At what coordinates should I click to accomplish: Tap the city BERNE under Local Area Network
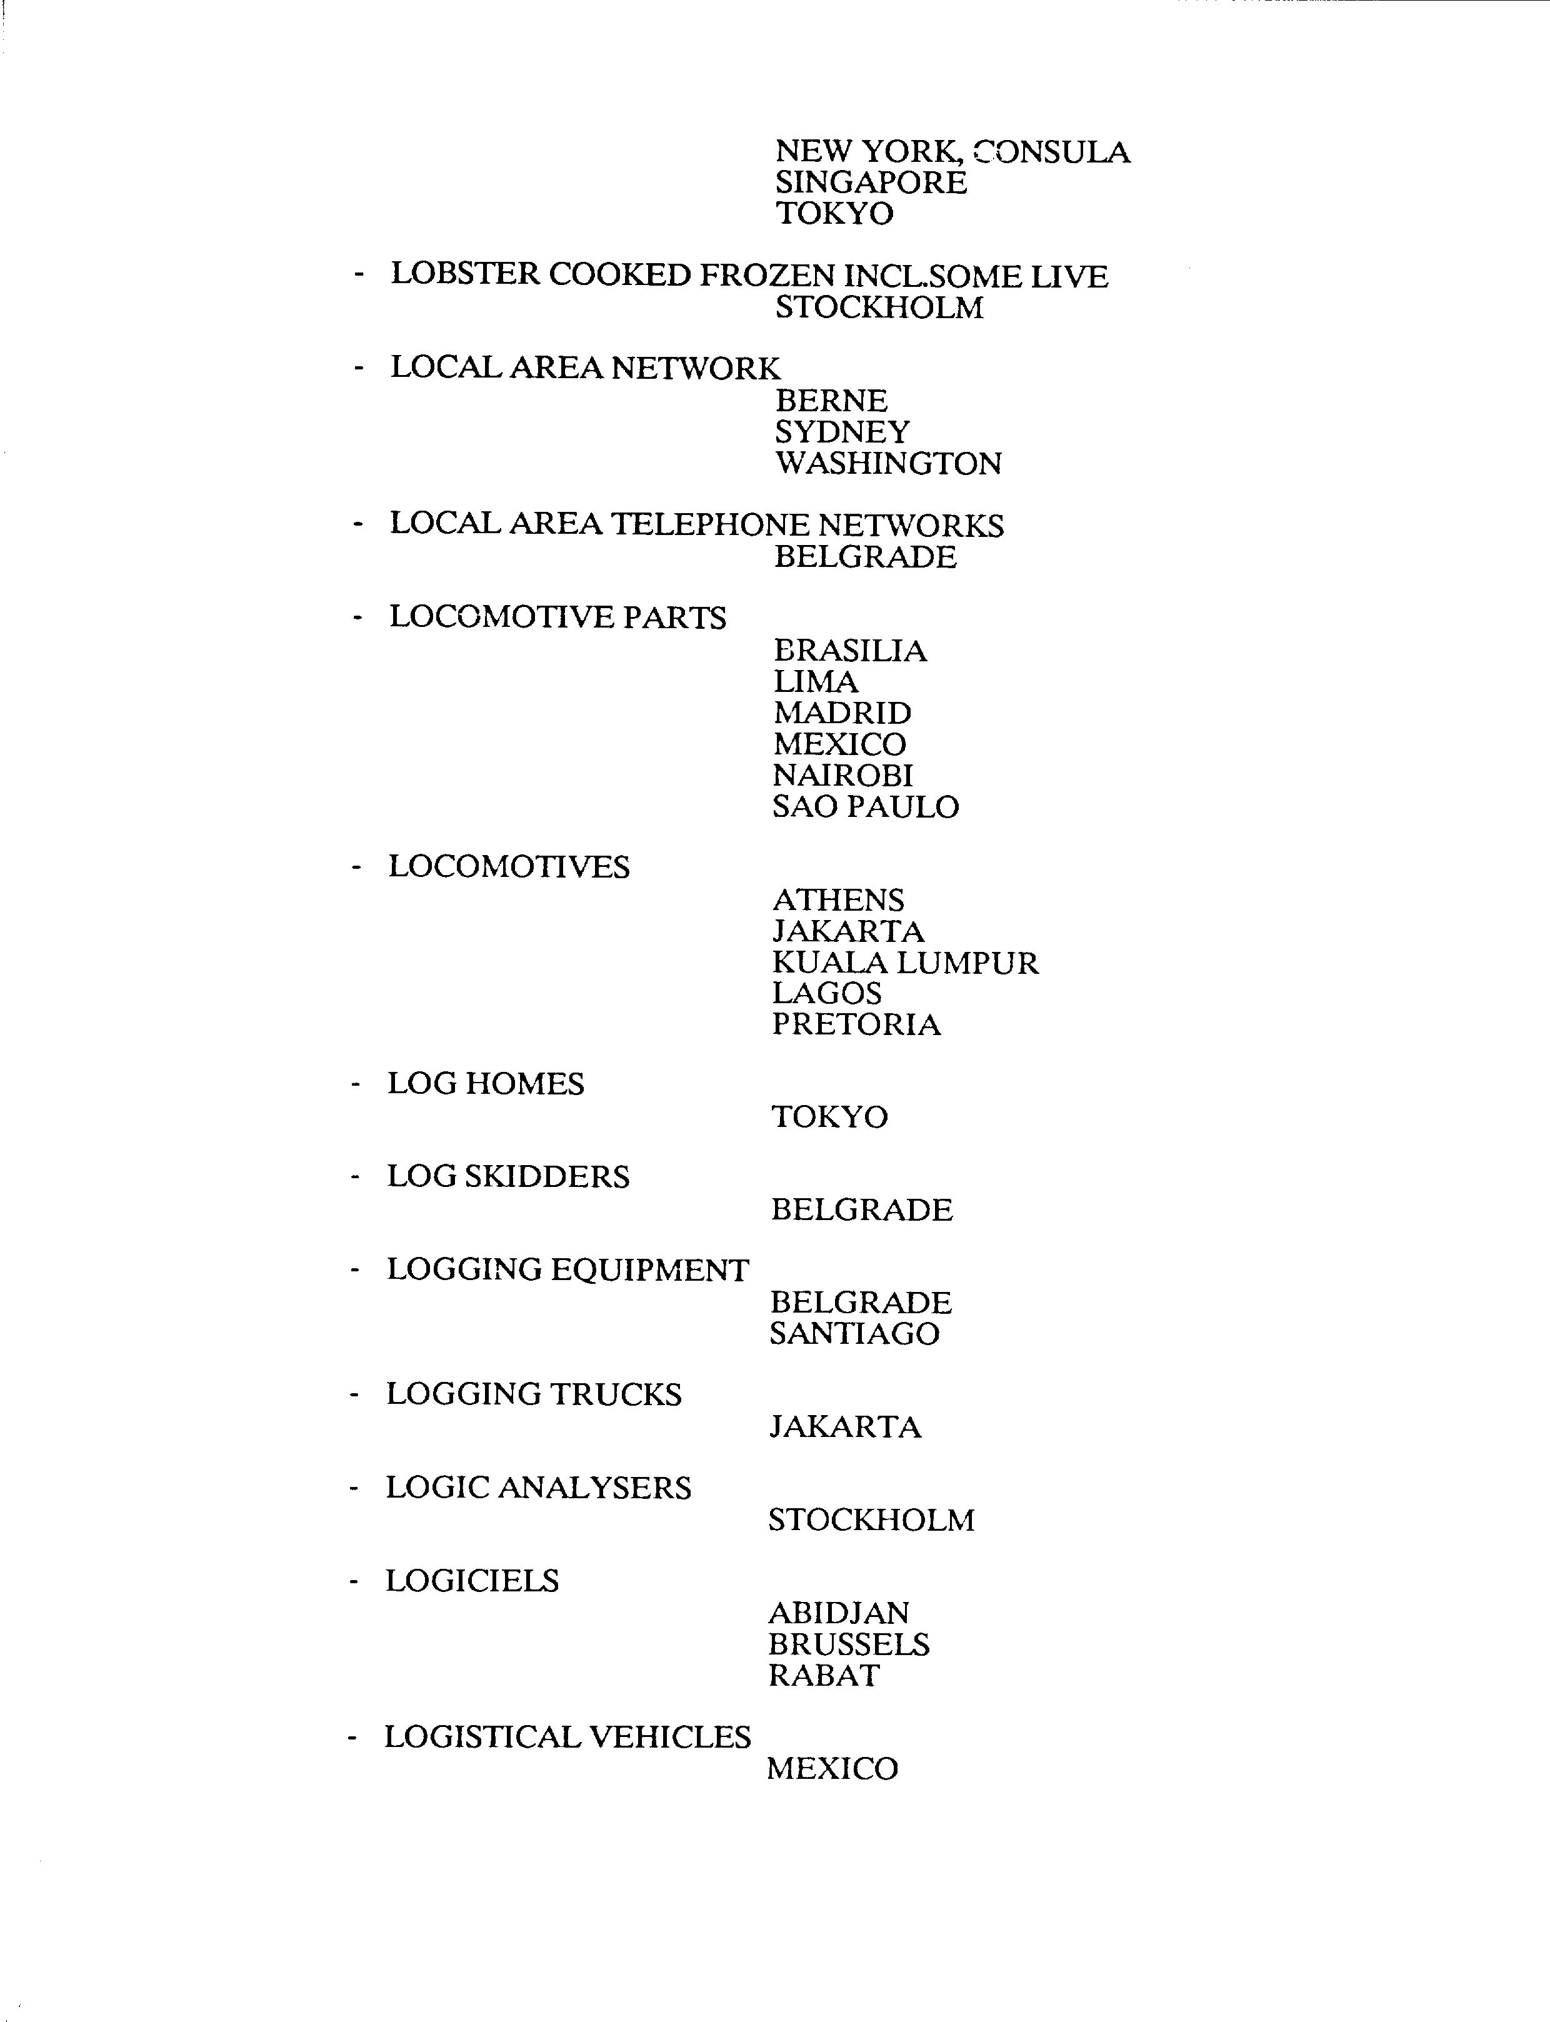pyautogui.click(x=831, y=401)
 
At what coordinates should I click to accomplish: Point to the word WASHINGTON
pyautogui.click(x=887, y=463)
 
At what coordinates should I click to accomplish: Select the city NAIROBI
pyautogui.click(x=842, y=775)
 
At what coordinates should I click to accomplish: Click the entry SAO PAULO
pyautogui.click(x=866, y=806)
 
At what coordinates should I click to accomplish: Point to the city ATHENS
pyautogui.click(x=837, y=899)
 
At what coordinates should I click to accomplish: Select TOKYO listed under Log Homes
pyautogui.click(x=829, y=1116)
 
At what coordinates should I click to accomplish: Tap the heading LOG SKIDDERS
pyautogui.click(x=507, y=1176)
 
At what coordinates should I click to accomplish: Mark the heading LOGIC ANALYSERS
pyautogui.click(x=538, y=1487)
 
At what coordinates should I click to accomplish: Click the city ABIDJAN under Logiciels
pyautogui.click(x=837, y=1613)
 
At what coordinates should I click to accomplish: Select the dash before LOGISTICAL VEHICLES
pyautogui.click(x=351, y=1738)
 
